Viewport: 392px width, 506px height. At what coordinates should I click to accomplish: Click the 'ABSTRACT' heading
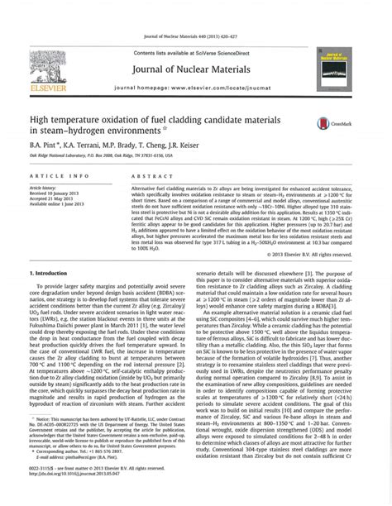(147, 176)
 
